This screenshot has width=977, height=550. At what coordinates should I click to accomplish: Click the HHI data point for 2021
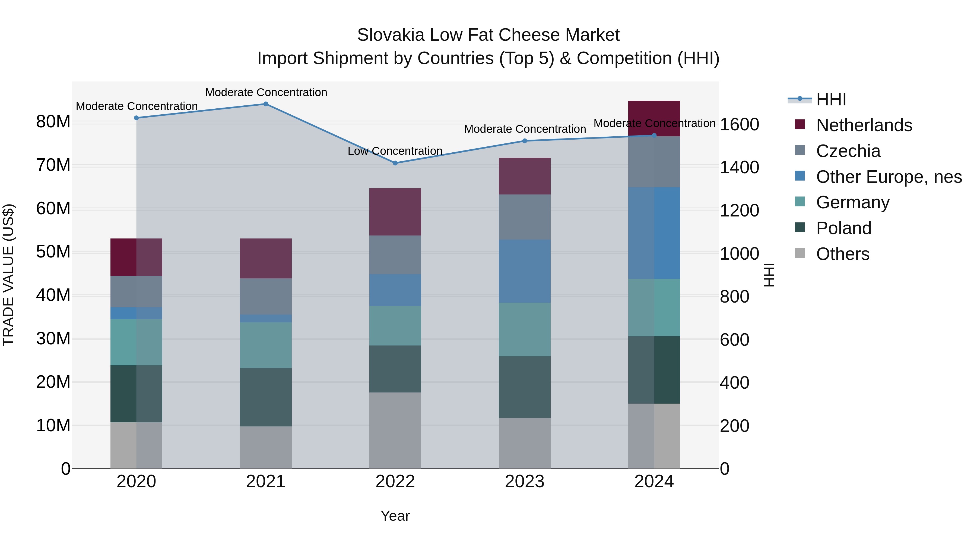tap(266, 104)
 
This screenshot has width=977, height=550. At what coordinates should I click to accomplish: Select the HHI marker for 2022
tap(395, 163)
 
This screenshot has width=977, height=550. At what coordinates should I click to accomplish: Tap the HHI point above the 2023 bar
tap(525, 141)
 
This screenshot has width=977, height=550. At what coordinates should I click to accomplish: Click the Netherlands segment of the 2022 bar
tap(395, 212)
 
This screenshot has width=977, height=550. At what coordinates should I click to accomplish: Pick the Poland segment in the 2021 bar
tap(266, 397)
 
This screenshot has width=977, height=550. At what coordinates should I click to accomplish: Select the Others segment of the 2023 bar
tap(525, 443)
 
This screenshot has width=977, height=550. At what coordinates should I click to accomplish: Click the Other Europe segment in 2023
tap(525, 271)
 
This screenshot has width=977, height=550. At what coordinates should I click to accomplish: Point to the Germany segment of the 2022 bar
tap(395, 325)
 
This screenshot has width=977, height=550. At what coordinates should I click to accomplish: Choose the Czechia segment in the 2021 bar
tap(266, 296)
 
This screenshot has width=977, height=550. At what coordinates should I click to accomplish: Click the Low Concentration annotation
tap(395, 151)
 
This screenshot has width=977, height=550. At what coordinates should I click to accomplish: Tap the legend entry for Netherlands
tap(864, 125)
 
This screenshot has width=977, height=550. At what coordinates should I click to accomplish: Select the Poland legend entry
tap(843, 228)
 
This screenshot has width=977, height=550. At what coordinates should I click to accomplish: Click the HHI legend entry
tap(831, 99)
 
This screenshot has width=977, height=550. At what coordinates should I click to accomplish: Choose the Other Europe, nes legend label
tap(889, 177)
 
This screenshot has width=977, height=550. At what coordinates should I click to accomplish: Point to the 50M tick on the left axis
tap(53, 252)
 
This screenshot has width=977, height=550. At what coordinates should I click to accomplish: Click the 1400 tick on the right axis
tap(740, 167)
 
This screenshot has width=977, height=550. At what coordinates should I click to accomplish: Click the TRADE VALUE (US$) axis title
tap(8, 275)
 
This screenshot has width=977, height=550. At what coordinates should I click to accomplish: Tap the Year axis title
tap(395, 516)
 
